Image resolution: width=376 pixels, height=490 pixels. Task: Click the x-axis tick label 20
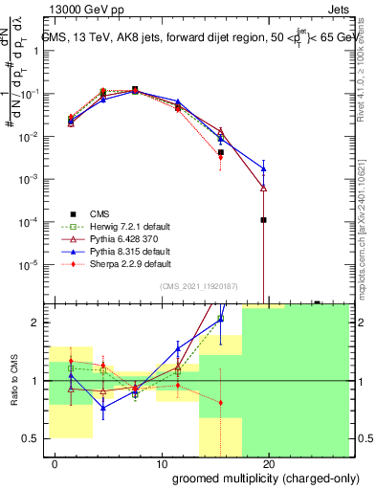tap(269, 464)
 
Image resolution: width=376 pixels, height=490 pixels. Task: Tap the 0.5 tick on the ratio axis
tap(36, 438)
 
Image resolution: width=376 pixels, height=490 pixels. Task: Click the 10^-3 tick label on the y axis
tap(33, 179)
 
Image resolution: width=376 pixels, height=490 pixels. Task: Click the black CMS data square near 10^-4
tap(263, 220)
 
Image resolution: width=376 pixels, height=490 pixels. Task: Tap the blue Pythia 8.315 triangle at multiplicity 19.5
tap(263, 168)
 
